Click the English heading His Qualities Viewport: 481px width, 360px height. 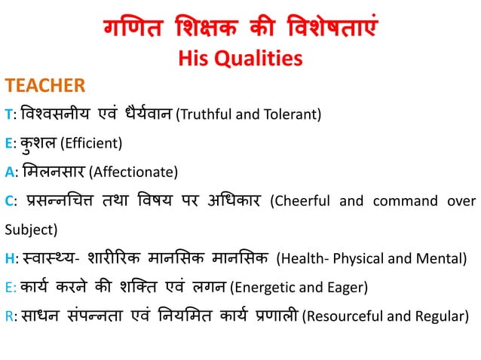point(240,57)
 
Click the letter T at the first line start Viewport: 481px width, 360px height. point(8,114)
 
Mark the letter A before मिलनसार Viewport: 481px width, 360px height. point(8,172)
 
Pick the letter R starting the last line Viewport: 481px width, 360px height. point(8,316)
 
